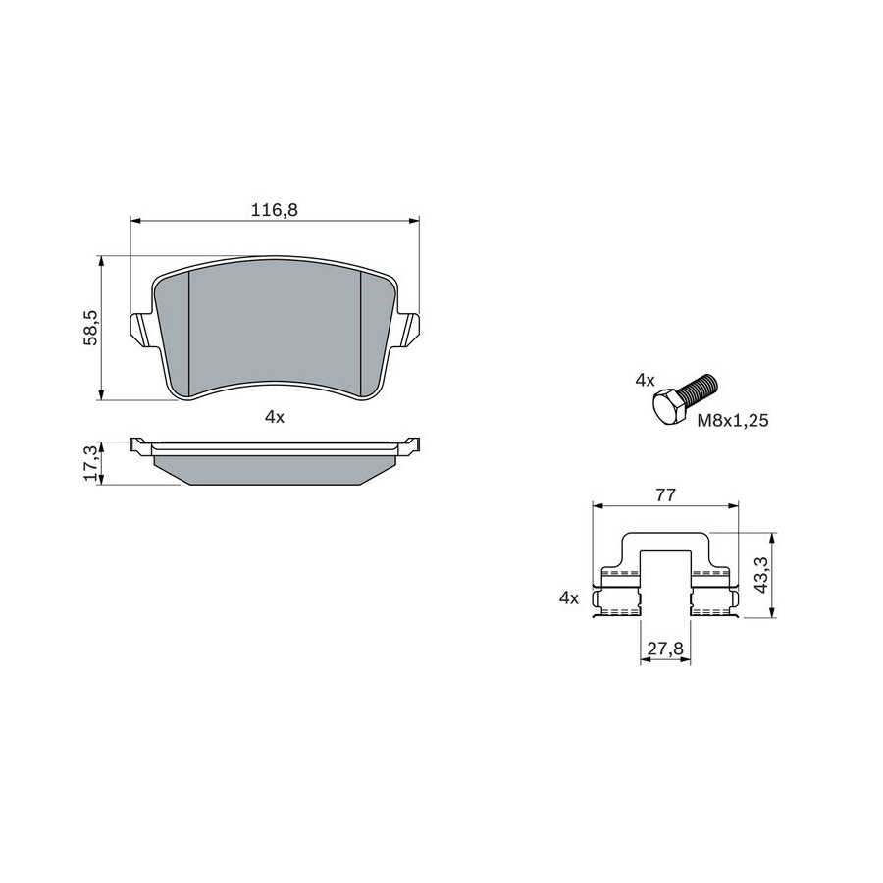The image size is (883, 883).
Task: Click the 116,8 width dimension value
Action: click(275, 210)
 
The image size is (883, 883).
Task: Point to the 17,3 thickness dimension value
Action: click(91, 463)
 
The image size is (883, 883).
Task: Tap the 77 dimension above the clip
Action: click(665, 495)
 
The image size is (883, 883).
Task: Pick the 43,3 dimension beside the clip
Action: click(762, 575)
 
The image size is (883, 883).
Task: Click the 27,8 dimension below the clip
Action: click(665, 649)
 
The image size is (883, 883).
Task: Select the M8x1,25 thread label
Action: click(733, 420)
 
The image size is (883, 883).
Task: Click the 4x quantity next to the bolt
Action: click(646, 380)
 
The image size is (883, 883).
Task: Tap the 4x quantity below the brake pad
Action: click(275, 417)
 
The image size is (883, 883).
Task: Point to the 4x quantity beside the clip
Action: click(569, 598)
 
